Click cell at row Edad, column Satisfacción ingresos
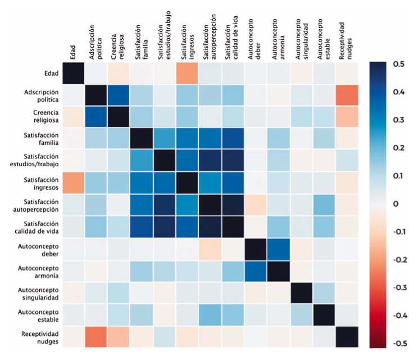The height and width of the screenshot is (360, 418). tap(187, 73)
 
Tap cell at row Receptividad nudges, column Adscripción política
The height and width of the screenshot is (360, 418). tap(96, 336)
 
